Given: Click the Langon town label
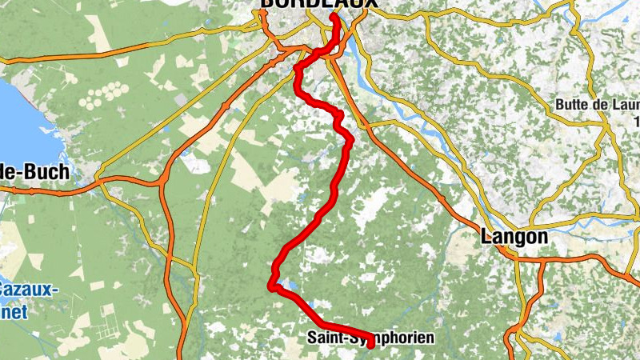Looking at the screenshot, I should pos(514,237).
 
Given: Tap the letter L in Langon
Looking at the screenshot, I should pos(486,237).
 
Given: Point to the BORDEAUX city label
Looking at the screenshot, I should pos(317,5).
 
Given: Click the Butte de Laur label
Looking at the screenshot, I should pos(597,106).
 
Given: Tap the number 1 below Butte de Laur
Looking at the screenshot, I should pos(636,122).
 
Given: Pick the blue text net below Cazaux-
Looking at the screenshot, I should pos(11,312).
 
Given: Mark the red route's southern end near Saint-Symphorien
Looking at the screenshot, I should pos(371,344).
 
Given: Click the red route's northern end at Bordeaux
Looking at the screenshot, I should pos(334,15).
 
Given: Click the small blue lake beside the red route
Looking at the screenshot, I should pos(290,285).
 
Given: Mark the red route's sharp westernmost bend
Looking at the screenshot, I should pos(271,284).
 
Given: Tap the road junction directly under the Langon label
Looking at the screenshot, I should pos(512,254).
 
